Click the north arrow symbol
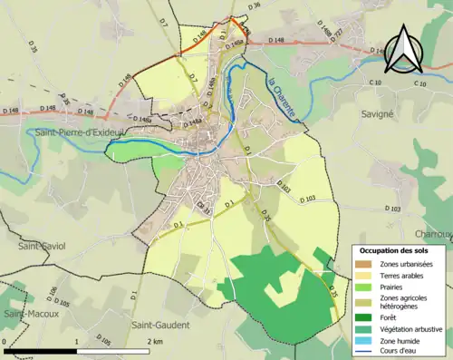click(x=401, y=50)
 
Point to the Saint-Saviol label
click(x=42, y=246)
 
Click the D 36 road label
click(x=254, y=6)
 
